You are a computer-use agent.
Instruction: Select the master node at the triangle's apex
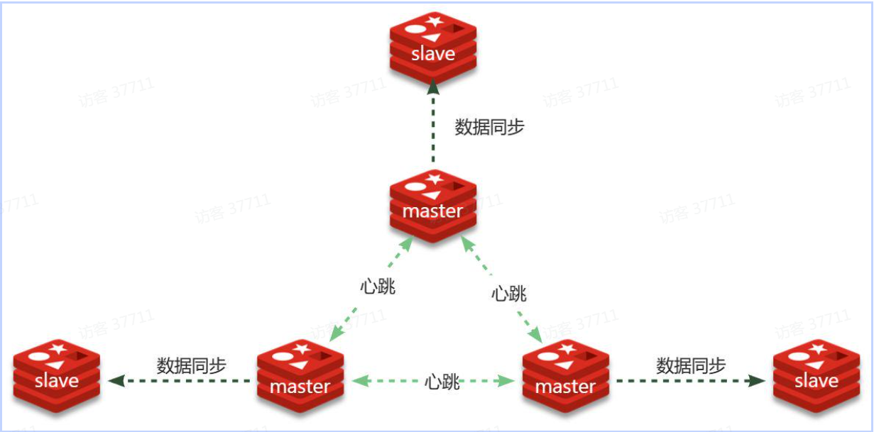click(x=433, y=206)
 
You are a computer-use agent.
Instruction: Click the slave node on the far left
click(x=57, y=376)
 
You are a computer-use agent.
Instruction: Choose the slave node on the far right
click(x=816, y=376)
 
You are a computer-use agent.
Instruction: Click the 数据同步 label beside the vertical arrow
click(x=489, y=128)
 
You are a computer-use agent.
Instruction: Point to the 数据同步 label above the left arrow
click(x=191, y=366)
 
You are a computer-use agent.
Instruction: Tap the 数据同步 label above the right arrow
click(x=691, y=366)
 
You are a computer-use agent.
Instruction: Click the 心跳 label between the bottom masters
click(x=442, y=382)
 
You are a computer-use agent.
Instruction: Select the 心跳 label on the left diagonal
click(x=377, y=287)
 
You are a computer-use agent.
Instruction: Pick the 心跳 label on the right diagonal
click(x=509, y=293)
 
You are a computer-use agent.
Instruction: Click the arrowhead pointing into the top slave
click(x=433, y=86)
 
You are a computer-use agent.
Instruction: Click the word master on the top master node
click(x=432, y=211)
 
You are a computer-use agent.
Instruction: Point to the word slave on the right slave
click(x=816, y=381)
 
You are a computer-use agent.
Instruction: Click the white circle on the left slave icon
click(x=40, y=355)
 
